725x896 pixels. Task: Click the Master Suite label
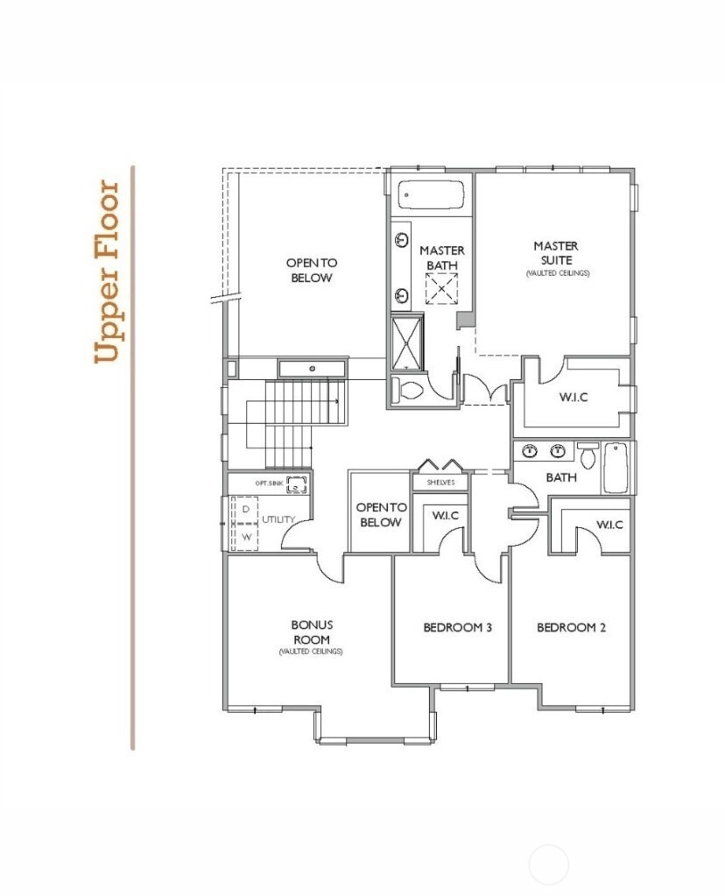pyautogui.click(x=556, y=253)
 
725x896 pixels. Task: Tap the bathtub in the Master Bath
pyautogui.click(x=431, y=195)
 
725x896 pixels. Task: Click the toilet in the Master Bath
pyautogui.click(x=408, y=390)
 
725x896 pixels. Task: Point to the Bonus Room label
pyautogui.click(x=312, y=632)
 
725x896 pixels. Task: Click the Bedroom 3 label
pyautogui.click(x=458, y=627)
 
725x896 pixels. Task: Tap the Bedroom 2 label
pyautogui.click(x=571, y=627)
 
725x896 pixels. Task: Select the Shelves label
pyautogui.click(x=441, y=483)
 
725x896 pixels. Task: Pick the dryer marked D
pyautogui.click(x=246, y=509)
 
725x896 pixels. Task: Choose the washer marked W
pyautogui.click(x=246, y=537)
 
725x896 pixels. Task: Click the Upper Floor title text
pyautogui.click(x=107, y=272)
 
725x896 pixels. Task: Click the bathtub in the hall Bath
pyautogui.click(x=616, y=468)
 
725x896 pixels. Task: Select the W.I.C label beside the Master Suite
pyautogui.click(x=574, y=397)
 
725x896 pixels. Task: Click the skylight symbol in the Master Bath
pyautogui.click(x=441, y=288)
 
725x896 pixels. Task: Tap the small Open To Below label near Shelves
pyautogui.click(x=381, y=514)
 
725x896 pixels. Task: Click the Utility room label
pyautogui.click(x=278, y=519)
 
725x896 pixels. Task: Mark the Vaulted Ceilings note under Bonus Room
pyautogui.click(x=311, y=652)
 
